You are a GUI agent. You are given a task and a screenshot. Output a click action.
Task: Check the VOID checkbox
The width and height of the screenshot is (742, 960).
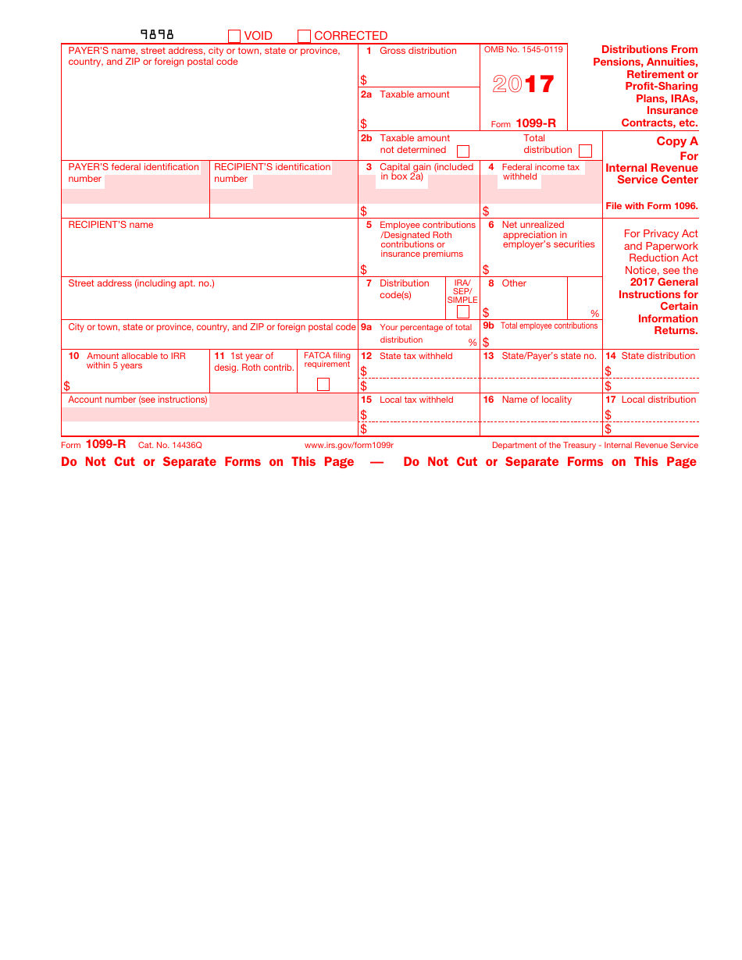234,36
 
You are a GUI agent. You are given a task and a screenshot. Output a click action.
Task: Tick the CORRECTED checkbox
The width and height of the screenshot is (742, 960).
304,36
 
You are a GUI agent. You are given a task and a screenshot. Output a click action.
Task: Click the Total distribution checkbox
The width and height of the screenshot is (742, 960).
585,151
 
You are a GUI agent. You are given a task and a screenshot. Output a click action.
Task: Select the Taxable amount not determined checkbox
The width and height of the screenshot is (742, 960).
463,151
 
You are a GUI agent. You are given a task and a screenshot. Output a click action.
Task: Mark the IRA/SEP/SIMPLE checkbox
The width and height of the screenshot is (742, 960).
463,312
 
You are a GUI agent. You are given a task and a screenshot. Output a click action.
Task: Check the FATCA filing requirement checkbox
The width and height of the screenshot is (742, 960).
323,384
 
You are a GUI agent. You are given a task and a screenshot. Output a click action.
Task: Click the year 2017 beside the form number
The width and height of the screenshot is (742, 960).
523,84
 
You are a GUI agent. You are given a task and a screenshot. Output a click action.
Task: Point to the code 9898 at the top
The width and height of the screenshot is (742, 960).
157,34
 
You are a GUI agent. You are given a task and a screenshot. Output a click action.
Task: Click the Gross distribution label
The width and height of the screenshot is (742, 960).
418,51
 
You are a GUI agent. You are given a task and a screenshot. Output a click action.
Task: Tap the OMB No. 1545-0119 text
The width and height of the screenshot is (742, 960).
523,50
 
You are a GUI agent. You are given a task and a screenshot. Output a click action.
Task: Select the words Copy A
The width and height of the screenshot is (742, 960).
677,141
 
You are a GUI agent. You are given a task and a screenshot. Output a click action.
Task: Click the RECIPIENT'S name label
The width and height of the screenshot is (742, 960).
111,225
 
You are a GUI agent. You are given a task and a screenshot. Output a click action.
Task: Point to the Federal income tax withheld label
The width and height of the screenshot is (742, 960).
540,172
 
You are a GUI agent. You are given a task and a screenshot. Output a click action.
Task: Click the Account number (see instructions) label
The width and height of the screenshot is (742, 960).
138,400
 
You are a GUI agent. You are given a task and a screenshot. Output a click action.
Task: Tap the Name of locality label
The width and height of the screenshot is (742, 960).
537,400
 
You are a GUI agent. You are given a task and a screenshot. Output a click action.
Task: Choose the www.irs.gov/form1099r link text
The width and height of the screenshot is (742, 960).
349,446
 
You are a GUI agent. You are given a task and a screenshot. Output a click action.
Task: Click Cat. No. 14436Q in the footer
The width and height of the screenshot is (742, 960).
170,446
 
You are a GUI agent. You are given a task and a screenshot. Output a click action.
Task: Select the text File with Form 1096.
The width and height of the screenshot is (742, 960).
651,206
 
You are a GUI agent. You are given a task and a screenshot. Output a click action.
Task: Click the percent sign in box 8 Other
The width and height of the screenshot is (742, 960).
594,314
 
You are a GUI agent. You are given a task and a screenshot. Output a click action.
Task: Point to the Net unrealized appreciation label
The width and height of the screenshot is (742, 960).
548,234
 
